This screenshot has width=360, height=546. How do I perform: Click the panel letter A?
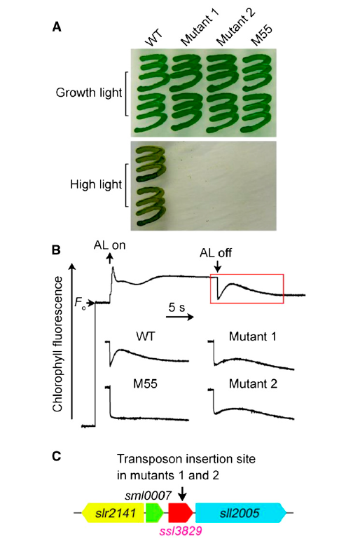(x=57, y=27)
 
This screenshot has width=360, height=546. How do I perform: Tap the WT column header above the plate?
(x=153, y=38)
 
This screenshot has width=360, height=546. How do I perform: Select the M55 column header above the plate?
(x=261, y=36)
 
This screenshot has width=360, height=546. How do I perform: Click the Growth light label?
(x=89, y=93)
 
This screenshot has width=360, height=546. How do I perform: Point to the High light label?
(x=96, y=184)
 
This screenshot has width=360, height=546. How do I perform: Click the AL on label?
(x=109, y=245)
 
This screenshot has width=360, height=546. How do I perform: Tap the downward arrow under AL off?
(x=217, y=266)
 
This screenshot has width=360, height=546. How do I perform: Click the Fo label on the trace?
(x=80, y=302)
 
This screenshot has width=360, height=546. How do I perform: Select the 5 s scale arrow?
(x=179, y=317)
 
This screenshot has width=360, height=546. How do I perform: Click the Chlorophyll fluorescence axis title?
(x=57, y=344)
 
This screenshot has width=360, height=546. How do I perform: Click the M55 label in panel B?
(x=146, y=383)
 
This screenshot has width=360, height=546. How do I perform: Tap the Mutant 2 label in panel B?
(x=254, y=383)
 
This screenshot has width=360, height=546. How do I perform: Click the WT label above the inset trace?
(x=146, y=336)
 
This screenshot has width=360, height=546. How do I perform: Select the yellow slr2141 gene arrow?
(x=113, y=512)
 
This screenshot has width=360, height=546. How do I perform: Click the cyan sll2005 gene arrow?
(x=242, y=512)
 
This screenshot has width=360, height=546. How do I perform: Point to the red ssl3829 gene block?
(x=181, y=512)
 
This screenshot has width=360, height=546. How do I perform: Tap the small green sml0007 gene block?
(x=154, y=512)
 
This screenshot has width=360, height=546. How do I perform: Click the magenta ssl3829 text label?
(x=181, y=531)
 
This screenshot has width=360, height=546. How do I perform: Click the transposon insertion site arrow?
(x=183, y=493)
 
